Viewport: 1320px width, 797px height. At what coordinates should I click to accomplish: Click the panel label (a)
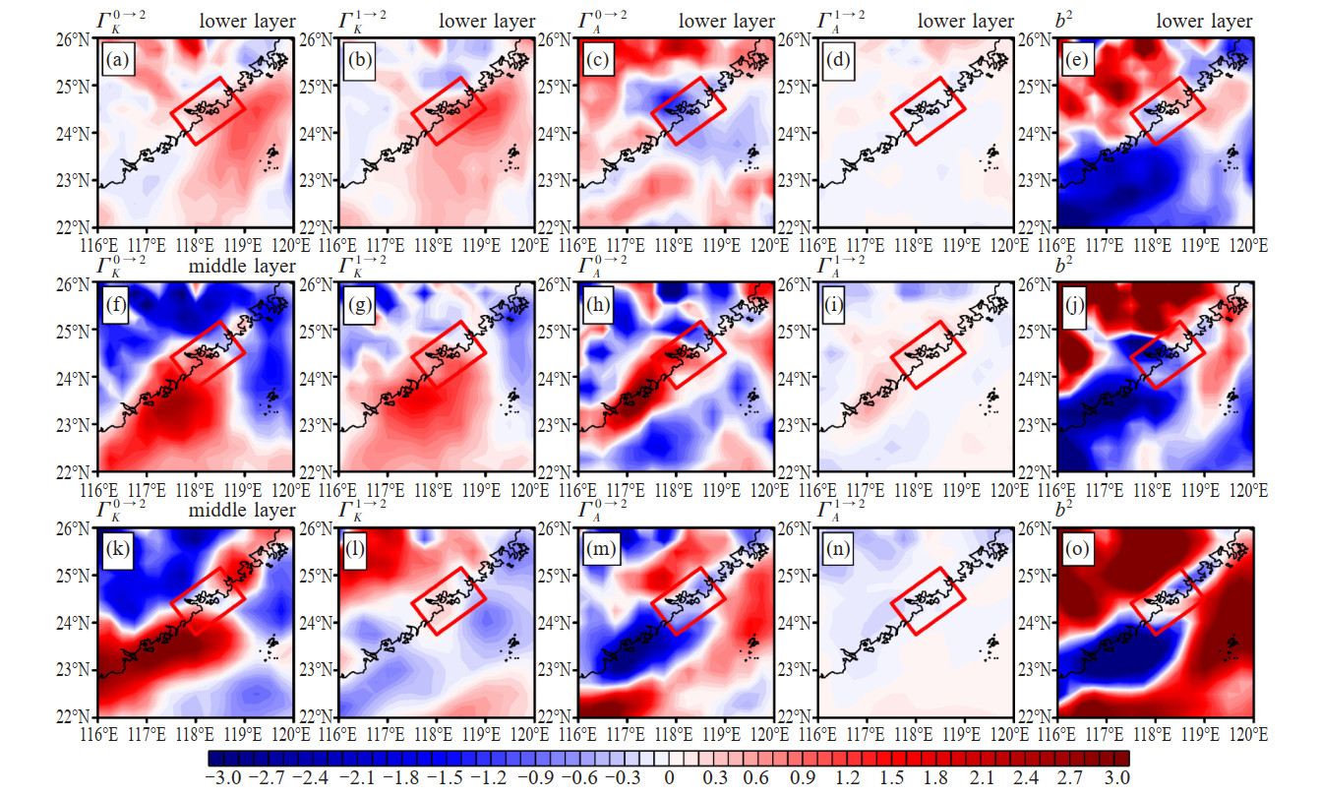click(x=118, y=60)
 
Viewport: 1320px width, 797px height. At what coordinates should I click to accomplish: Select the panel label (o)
click(x=1077, y=549)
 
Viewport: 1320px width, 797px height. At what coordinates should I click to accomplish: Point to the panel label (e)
click(x=1077, y=60)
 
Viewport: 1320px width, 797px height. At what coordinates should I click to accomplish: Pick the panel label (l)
click(x=354, y=549)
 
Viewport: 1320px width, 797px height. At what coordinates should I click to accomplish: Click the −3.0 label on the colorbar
click(x=223, y=777)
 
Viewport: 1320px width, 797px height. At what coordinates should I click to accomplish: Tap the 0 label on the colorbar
click(x=668, y=777)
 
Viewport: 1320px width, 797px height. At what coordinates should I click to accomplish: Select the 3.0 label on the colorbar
click(x=1116, y=777)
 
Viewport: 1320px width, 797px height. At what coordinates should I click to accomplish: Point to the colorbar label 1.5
click(x=892, y=777)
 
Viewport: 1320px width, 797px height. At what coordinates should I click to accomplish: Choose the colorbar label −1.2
click(x=490, y=777)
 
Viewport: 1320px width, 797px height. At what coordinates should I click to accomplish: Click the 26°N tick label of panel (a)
click(x=74, y=40)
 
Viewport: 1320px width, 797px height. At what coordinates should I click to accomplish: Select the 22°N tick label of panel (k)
click(x=74, y=716)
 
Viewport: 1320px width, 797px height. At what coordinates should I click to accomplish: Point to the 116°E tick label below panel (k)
click(x=98, y=734)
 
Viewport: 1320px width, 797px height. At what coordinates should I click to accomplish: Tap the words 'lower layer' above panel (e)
click(x=1204, y=22)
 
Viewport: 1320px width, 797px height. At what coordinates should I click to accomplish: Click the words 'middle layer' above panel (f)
click(x=242, y=267)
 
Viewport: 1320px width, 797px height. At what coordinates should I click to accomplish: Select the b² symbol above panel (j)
click(x=1063, y=265)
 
